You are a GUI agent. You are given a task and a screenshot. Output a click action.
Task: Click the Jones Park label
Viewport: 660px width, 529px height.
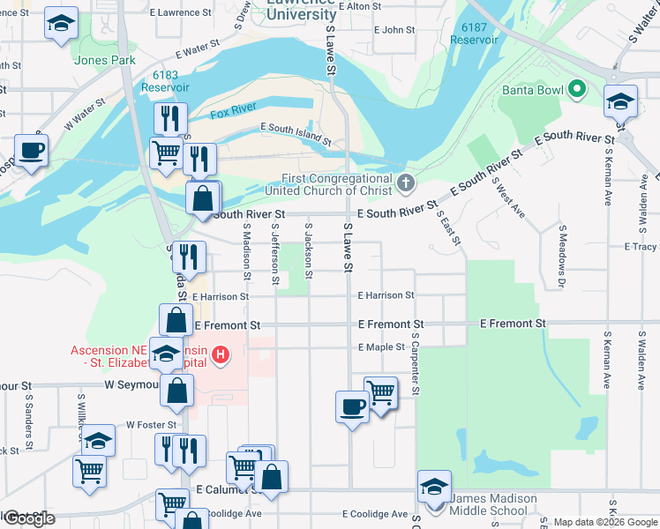click(104, 60)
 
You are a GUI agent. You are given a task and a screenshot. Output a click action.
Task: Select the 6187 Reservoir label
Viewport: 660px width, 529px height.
click(468, 34)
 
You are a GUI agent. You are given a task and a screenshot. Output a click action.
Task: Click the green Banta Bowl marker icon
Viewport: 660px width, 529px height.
click(578, 89)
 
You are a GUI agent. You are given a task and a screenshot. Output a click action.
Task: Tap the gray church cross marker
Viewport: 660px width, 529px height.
click(405, 183)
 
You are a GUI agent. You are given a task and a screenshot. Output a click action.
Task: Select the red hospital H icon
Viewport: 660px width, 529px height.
click(221, 355)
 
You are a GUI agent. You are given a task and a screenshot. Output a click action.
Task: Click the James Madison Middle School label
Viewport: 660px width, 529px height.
click(493, 504)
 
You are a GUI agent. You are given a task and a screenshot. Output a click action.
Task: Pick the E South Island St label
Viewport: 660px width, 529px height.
click(296, 133)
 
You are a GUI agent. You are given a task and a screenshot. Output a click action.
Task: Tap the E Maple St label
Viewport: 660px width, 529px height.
click(381, 347)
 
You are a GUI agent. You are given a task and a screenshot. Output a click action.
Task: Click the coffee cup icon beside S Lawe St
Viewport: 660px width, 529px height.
click(352, 406)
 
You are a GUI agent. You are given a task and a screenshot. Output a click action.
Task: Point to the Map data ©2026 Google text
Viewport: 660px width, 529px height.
click(604, 522)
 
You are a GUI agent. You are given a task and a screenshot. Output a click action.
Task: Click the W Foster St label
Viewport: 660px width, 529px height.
click(151, 425)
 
